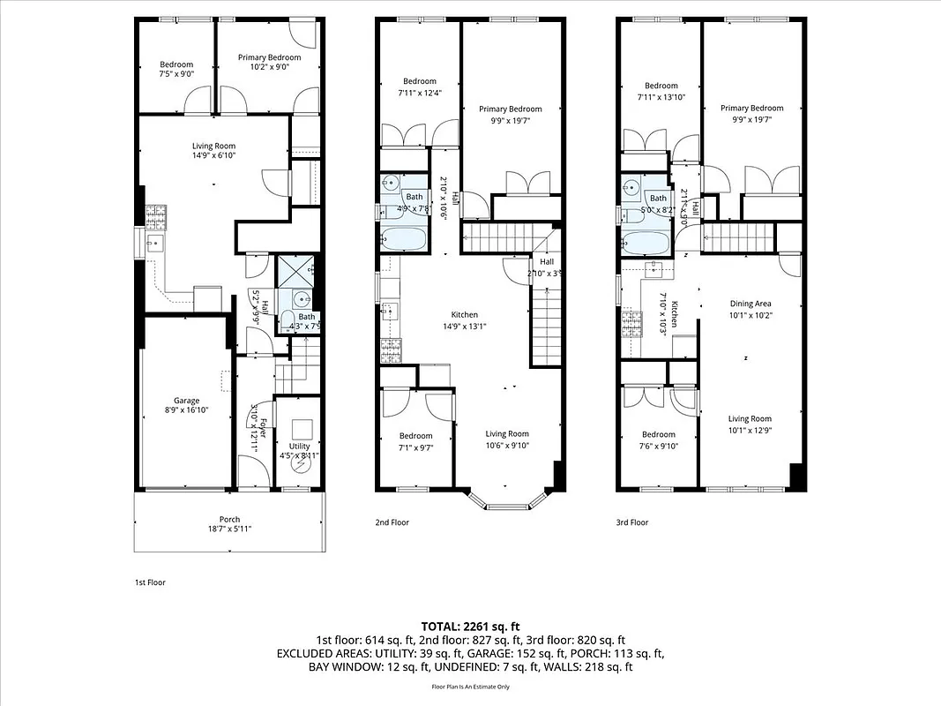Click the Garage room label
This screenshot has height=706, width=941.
point(186,405)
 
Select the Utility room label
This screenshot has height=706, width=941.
point(300,451)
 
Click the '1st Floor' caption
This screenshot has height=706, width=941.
point(149,582)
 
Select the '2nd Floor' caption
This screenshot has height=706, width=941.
point(392,522)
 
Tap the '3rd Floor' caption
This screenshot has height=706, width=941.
point(632,522)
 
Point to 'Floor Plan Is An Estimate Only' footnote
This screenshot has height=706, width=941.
point(470,687)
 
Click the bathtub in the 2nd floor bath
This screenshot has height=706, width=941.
point(404,239)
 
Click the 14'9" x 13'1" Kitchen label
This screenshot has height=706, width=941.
point(465,319)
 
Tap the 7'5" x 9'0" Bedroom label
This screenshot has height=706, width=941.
point(176,69)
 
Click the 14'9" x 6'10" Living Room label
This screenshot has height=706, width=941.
point(214,151)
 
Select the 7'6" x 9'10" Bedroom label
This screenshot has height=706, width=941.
point(658,439)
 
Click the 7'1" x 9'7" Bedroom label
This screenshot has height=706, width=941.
point(415,440)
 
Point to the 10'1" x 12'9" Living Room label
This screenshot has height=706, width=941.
point(750,424)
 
